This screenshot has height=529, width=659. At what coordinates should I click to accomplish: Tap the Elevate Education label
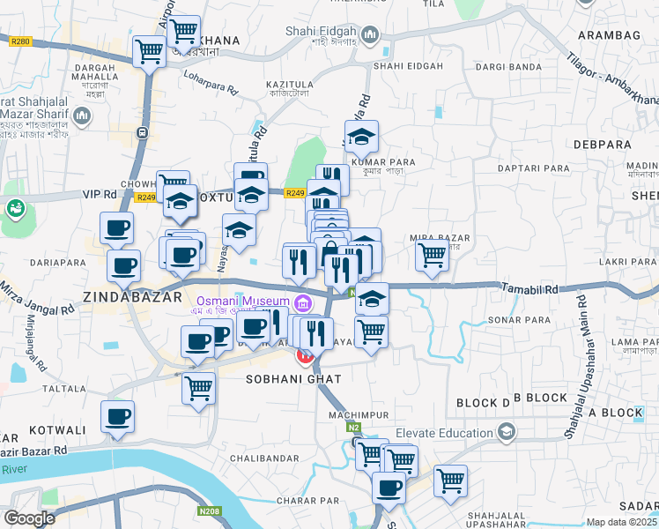pyautogui.click(x=443, y=433)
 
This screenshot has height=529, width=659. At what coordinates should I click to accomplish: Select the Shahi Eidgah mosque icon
pyautogui.click(x=369, y=35)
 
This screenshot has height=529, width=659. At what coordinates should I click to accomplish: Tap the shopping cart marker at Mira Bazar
pyautogui.click(x=432, y=256)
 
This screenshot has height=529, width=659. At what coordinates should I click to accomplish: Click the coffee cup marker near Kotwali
pyautogui.click(x=117, y=416)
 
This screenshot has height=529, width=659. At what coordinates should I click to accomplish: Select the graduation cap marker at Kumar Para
pyautogui.click(x=361, y=137)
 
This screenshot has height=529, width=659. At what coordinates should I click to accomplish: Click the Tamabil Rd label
pyautogui.click(x=530, y=288)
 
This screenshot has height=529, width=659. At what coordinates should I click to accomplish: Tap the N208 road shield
pyautogui.click(x=209, y=510)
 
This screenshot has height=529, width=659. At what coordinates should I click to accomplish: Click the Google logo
pyautogui.click(x=29, y=518)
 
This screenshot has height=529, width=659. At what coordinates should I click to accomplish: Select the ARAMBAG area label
pyautogui.click(x=608, y=34)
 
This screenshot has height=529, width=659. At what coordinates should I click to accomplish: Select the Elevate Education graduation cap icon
pyautogui.click(x=506, y=433)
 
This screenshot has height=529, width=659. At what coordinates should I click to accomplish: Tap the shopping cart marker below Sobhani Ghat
pyautogui.click(x=199, y=386)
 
